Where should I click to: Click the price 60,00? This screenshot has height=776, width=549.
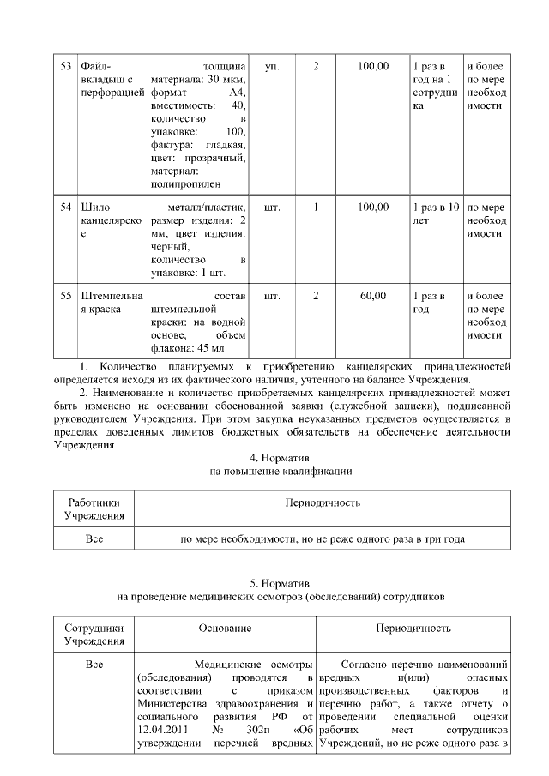[x=373, y=296]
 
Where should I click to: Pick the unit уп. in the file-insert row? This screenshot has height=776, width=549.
[x=272, y=66]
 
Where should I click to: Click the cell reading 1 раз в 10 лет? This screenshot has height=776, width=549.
[x=436, y=214]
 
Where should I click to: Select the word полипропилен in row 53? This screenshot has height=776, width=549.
[x=184, y=183]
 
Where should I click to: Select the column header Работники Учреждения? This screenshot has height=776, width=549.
[x=94, y=508]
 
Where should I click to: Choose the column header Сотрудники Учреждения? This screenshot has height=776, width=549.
[x=94, y=635]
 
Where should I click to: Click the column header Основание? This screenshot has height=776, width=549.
[x=225, y=629]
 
